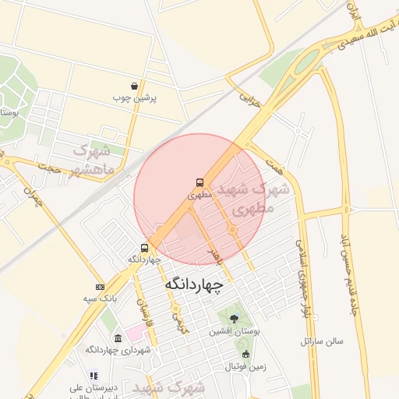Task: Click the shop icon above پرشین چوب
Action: (135, 87)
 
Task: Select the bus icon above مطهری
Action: (200, 183)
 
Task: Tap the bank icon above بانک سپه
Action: (100, 288)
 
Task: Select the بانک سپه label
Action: (101, 298)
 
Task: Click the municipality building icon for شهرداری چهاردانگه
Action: (118, 339)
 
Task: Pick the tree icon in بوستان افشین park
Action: (234, 319)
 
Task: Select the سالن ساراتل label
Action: (323, 341)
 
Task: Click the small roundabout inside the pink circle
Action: (231, 229)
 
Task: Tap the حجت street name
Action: (48, 166)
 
